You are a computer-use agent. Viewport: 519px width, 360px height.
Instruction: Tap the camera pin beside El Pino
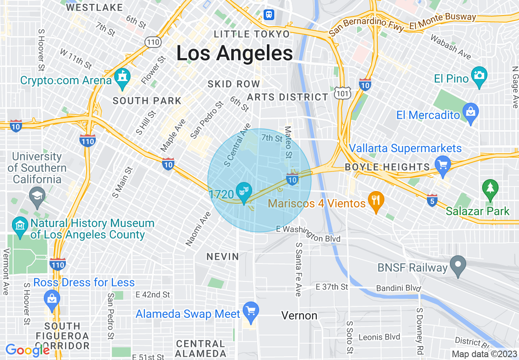(x=479, y=76)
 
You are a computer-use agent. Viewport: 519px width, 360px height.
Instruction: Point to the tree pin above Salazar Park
(x=490, y=189)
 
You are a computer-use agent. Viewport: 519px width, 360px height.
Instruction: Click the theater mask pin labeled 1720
(x=244, y=191)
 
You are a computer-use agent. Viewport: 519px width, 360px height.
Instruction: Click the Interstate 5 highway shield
(x=432, y=200)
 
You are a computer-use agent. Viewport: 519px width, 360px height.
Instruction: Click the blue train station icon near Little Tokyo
(x=269, y=14)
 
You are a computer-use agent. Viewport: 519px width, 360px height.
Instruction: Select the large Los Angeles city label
(x=235, y=53)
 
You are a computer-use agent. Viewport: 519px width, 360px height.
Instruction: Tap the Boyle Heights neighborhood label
(x=387, y=167)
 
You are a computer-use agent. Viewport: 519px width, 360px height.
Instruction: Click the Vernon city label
(x=299, y=315)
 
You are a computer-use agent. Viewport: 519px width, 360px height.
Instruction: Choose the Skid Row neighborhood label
(x=234, y=84)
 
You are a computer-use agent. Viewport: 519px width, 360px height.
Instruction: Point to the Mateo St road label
(x=288, y=142)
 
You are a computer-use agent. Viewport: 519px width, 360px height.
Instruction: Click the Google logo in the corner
(x=27, y=350)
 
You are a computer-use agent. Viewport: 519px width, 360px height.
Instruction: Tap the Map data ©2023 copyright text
(x=484, y=354)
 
